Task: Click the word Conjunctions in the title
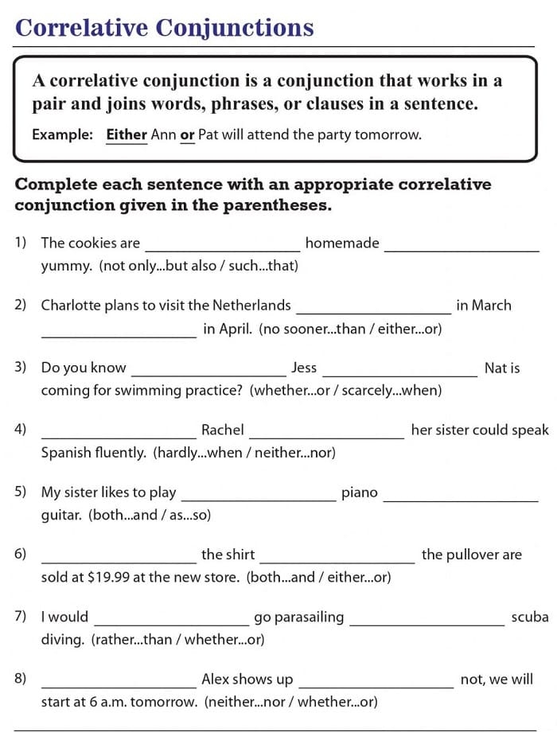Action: (235, 28)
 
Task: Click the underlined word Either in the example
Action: (127, 134)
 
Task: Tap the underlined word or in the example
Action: (187, 134)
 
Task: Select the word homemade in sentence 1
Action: (342, 243)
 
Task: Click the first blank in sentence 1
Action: (222, 245)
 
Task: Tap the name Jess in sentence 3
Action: (304, 368)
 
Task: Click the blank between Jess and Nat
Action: (399, 369)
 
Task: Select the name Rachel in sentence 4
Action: (222, 430)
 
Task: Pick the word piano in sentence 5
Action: (359, 493)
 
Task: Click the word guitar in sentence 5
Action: (61, 516)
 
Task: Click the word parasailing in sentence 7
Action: (298, 617)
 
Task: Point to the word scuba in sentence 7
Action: (530, 617)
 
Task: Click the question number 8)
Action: (21, 679)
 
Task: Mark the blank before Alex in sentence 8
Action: (119, 681)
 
